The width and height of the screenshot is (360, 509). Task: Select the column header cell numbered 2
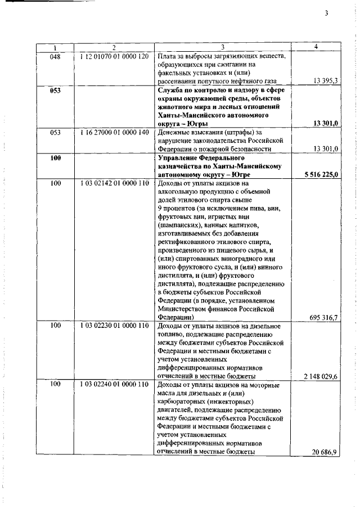click(x=114, y=47)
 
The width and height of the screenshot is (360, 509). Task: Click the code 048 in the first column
click(x=55, y=56)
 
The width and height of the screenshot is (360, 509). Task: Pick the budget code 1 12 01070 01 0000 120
click(x=114, y=56)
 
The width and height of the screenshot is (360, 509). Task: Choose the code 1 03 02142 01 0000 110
click(x=114, y=183)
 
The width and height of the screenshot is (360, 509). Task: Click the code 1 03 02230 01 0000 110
click(x=114, y=326)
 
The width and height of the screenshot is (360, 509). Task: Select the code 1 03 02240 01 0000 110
click(x=114, y=385)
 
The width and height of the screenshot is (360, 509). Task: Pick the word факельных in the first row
click(x=177, y=73)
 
